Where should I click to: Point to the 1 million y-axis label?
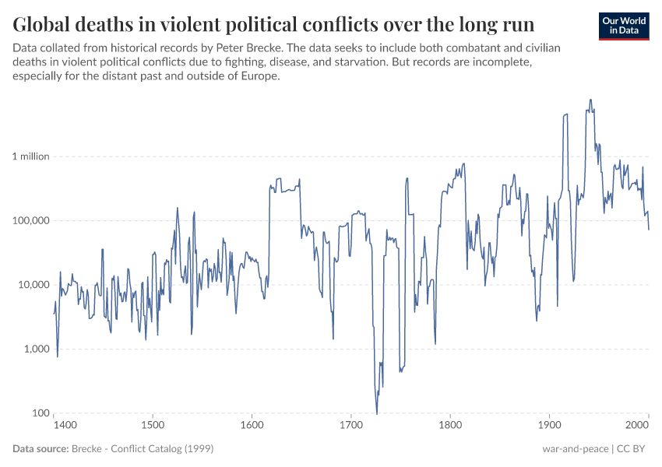coord(30,156)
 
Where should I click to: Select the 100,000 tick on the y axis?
coord(32,220)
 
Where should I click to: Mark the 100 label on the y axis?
coord(40,413)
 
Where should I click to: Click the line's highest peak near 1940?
coord(590,100)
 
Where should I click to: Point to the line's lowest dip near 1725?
coord(377,413)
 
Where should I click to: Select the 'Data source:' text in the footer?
coord(40,449)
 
